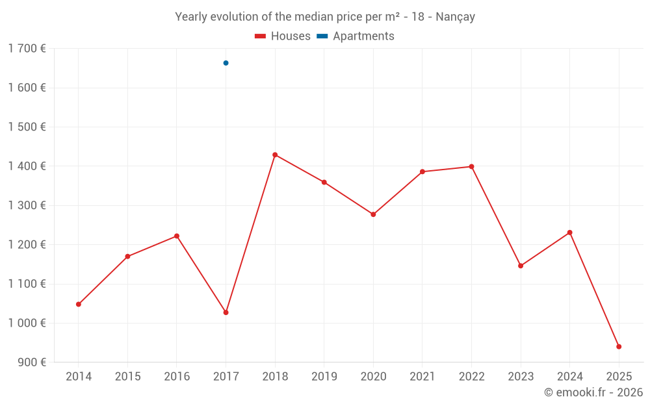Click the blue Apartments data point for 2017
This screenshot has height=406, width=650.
[x=226, y=63]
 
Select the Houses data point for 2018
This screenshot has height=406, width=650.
[x=275, y=155]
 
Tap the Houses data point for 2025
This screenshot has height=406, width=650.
[x=619, y=346]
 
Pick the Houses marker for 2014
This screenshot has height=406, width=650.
[x=79, y=304]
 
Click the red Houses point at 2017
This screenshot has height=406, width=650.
[x=226, y=312]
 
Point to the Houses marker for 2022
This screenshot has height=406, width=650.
[x=471, y=166]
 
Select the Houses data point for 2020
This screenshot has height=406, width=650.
[x=373, y=214]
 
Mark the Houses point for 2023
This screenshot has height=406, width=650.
[x=521, y=266]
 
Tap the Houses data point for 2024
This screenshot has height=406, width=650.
[x=570, y=233]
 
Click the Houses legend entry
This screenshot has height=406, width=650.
[x=283, y=36]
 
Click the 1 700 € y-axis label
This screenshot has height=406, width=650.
[x=27, y=49]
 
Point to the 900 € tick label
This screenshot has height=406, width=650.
[x=31, y=362]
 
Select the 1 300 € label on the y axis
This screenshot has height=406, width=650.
[x=27, y=205]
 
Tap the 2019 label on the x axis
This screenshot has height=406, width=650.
[x=324, y=376]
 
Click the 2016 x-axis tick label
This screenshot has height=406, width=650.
[x=177, y=376]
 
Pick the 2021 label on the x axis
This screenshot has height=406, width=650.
[x=422, y=376]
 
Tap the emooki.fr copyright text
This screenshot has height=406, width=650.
[x=593, y=392]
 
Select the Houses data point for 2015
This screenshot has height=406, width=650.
[x=127, y=257]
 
